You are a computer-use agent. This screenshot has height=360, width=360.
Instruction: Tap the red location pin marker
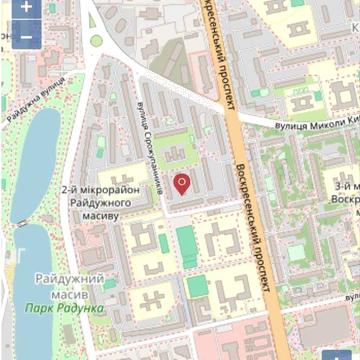coord(182,184)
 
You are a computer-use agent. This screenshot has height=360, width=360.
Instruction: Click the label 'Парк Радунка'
coord(65,308)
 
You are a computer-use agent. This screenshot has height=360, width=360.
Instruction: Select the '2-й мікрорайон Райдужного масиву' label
coord(90,201)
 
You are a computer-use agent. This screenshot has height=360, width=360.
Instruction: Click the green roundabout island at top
coord(97,41)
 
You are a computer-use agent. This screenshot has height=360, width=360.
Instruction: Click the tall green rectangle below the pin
coord(186,245)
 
